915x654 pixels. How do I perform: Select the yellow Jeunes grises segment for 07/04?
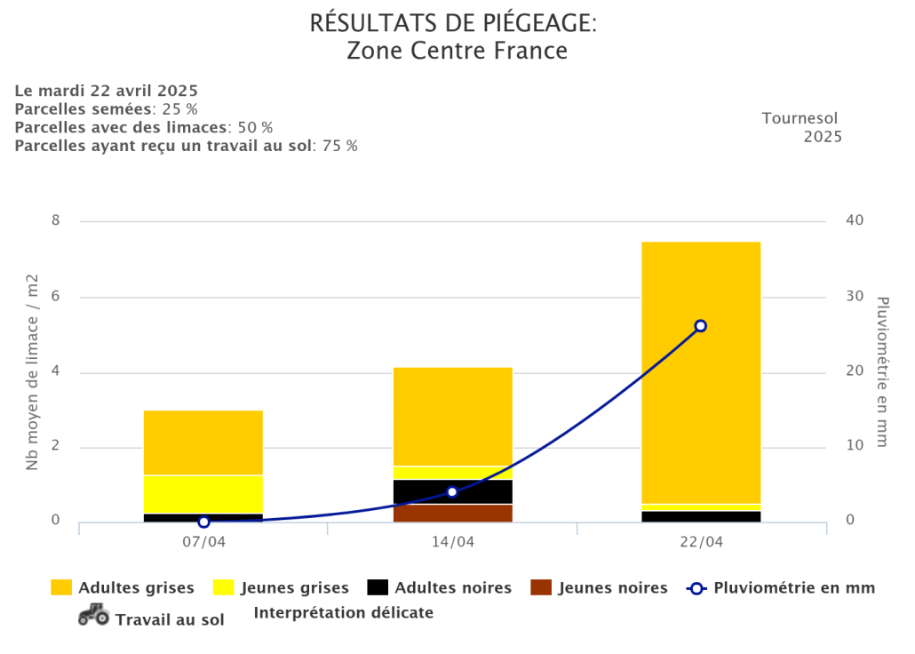point(203,494)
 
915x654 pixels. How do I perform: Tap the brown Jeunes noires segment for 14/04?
point(453,513)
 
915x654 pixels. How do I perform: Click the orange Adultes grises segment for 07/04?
point(203,443)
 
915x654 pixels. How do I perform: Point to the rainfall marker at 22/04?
point(700,326)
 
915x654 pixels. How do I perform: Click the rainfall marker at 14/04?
point(452,491)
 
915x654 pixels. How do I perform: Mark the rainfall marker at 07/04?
point(203,522)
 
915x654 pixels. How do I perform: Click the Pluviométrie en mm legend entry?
point(782,587)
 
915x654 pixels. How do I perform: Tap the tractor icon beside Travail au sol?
point(93,614)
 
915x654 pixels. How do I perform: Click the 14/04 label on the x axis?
point(453,542)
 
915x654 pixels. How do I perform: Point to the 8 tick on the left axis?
point(55,220)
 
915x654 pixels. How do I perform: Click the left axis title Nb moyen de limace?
point(33,373)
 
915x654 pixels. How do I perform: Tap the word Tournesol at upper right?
point(800,118)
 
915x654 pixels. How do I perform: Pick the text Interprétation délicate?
point(344,612)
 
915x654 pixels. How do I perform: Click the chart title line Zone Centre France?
point(457,51)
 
